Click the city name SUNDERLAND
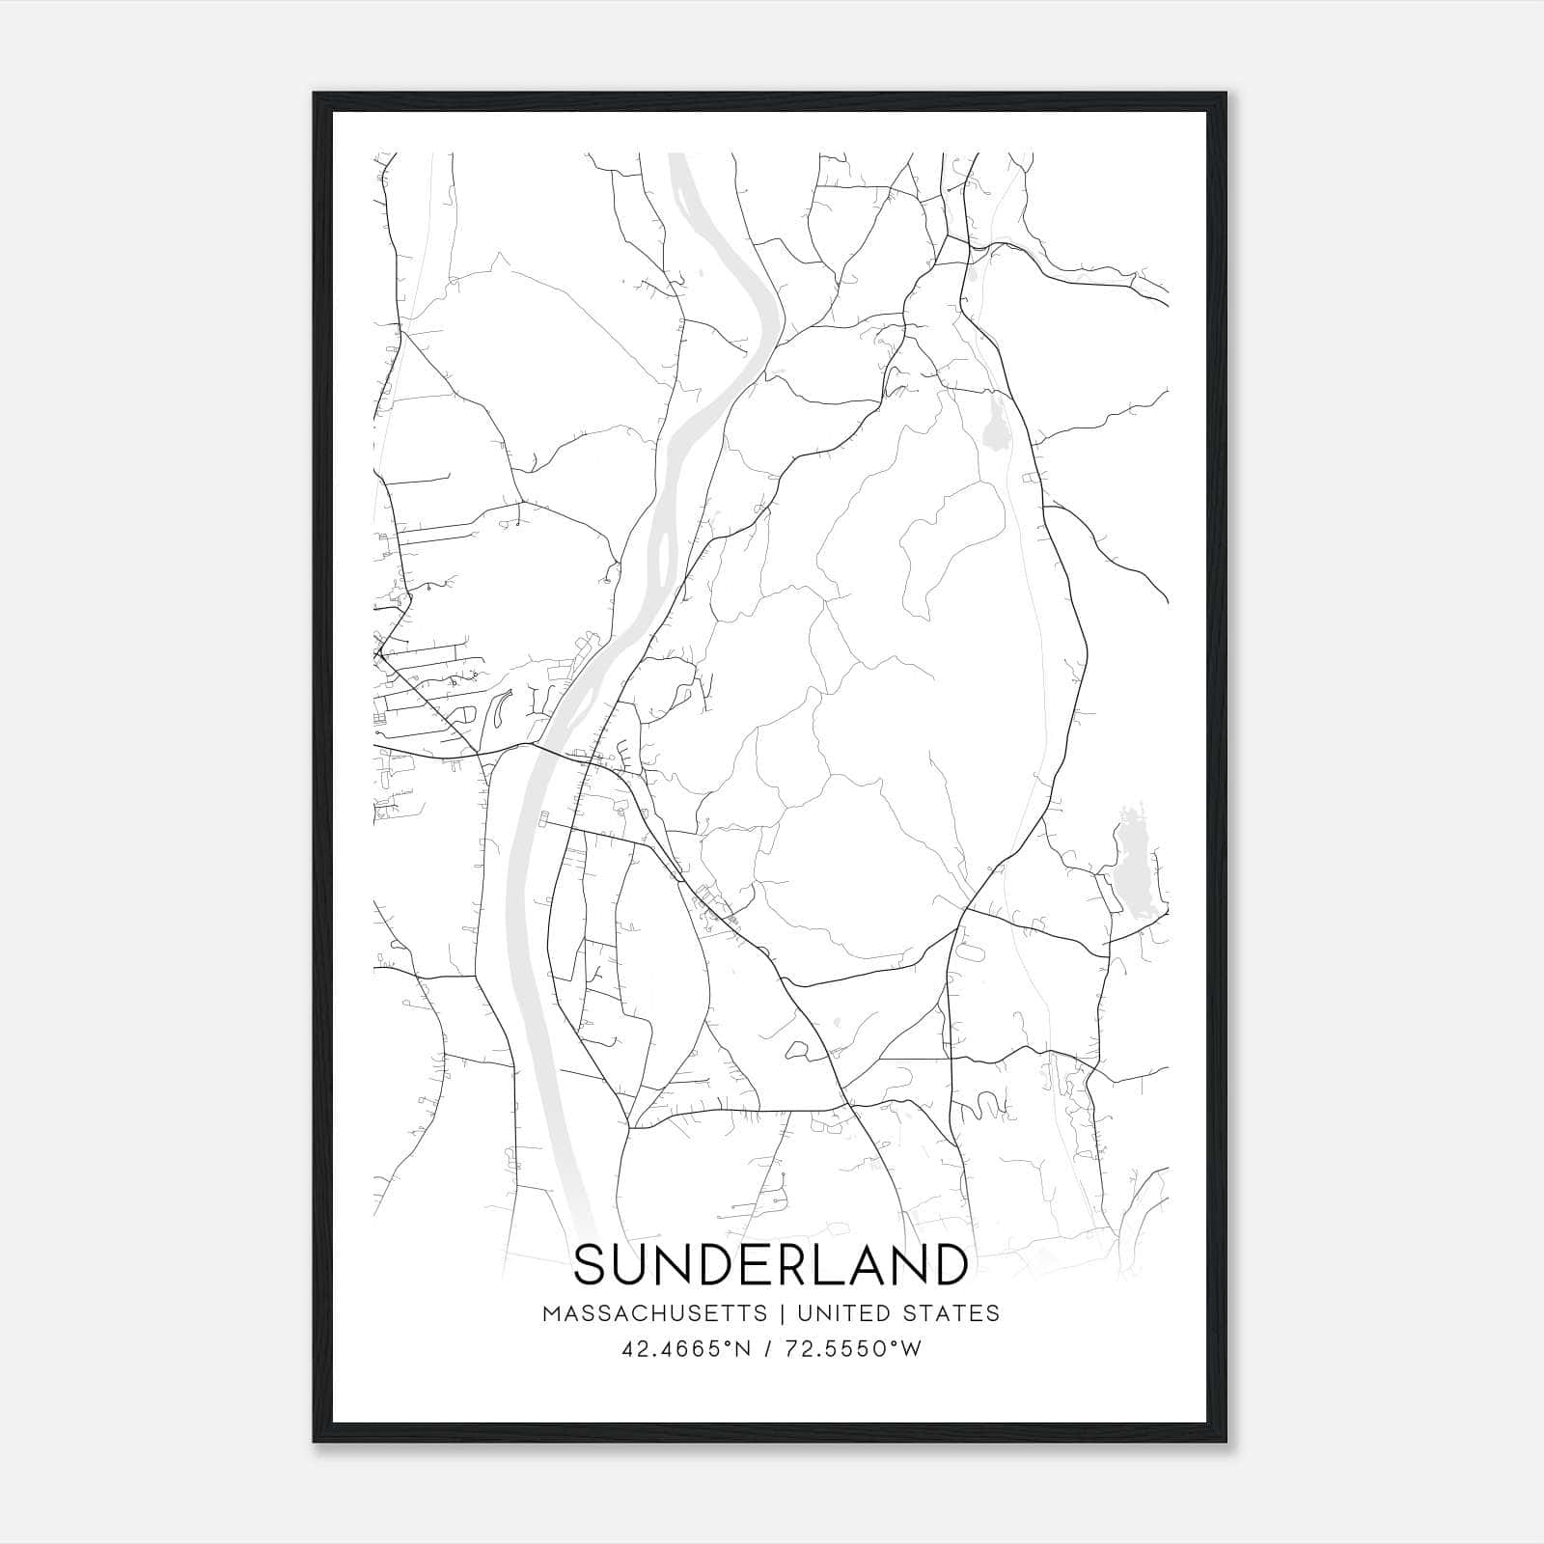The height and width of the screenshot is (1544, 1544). click(x=771, y=1264)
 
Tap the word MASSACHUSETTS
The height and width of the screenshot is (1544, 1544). click(x=655, y=1313)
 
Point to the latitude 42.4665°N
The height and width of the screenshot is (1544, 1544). click(x=686, y=1349)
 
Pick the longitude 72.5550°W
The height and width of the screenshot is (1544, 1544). click(x=850, y=1349)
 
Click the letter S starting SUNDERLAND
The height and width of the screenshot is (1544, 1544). click(x=592, y=1264)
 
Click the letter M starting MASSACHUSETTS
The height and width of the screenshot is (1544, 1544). click(x=550, y=1313)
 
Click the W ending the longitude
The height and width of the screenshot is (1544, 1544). click(x=912, y=1349)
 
